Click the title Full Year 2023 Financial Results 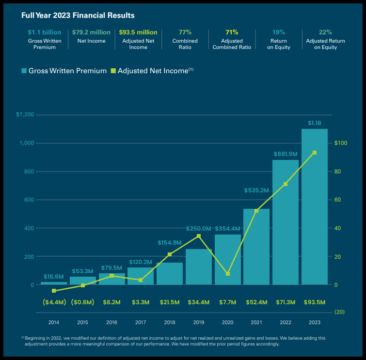[x=78, y=16]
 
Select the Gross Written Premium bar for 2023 [x=314, y=208]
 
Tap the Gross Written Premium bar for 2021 [x=256, y=247]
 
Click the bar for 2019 [x=198, y=267]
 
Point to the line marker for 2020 [x=227, y=274]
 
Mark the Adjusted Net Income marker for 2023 [x=315, y=153]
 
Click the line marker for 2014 [x=54, y=291]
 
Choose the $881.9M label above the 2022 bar [x=285, y=154]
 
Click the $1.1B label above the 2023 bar [x=315, y=123]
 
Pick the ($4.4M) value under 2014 [x=54, y=302]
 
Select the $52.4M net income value [x=256, y=302]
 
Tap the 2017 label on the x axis [x=141, y=322]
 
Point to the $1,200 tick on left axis [x=25, y=115]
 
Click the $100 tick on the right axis [x=341, y=143]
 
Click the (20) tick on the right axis [x=339, y=312]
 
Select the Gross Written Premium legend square [x=24, y=71]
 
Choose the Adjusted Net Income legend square [x=113, y=71]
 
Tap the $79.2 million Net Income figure [x=91, y=32]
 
